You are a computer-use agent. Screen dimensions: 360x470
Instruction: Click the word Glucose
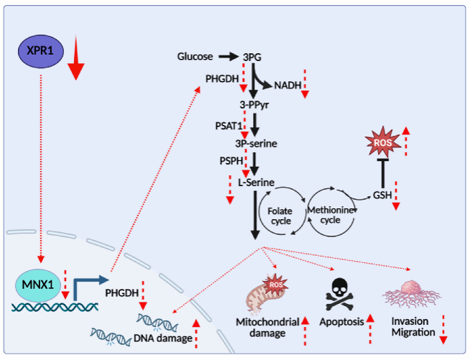click(x=195, y=55)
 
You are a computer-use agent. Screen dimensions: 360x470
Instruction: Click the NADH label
click(x=287, y=86)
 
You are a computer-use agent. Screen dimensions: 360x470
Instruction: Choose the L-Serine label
click(x=256, y=183)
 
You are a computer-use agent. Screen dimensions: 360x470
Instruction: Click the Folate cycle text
click(x=280, y=216)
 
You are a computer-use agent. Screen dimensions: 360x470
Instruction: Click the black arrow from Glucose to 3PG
click(x=228, y=55)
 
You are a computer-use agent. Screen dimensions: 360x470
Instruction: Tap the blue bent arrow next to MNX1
click(x=86, y=286)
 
